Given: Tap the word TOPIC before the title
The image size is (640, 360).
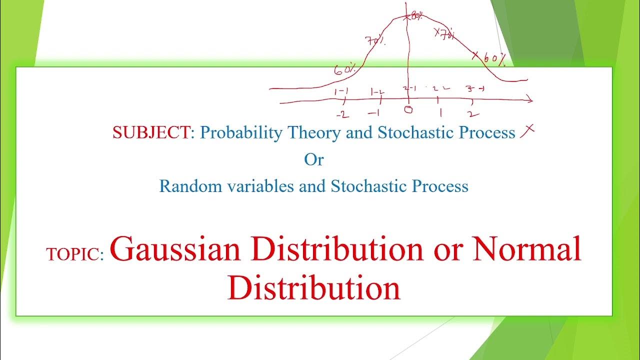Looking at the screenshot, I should pyautogui.click(x=74, y=254).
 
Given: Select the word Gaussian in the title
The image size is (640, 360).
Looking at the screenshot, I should pyautogui.click(x=175, y=248).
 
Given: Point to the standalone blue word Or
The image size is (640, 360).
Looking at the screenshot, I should pyautogui.click(x=314, y=159).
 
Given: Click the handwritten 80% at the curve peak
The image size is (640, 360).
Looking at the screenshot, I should pyautogui.click(x=416, y=16).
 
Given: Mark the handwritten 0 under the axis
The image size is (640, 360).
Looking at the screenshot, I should pyautogui.click(x=408, y=109).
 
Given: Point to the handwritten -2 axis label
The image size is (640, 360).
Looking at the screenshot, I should pyautogui.click(x=342, y=115).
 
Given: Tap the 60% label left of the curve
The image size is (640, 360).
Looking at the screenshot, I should pyautogui.click(x=344, y=70).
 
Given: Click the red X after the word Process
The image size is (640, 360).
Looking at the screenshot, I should pyautogui.click(x=527, y=131).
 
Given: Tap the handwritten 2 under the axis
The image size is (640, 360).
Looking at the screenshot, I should pyautogui.click(x=471, y=112).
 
